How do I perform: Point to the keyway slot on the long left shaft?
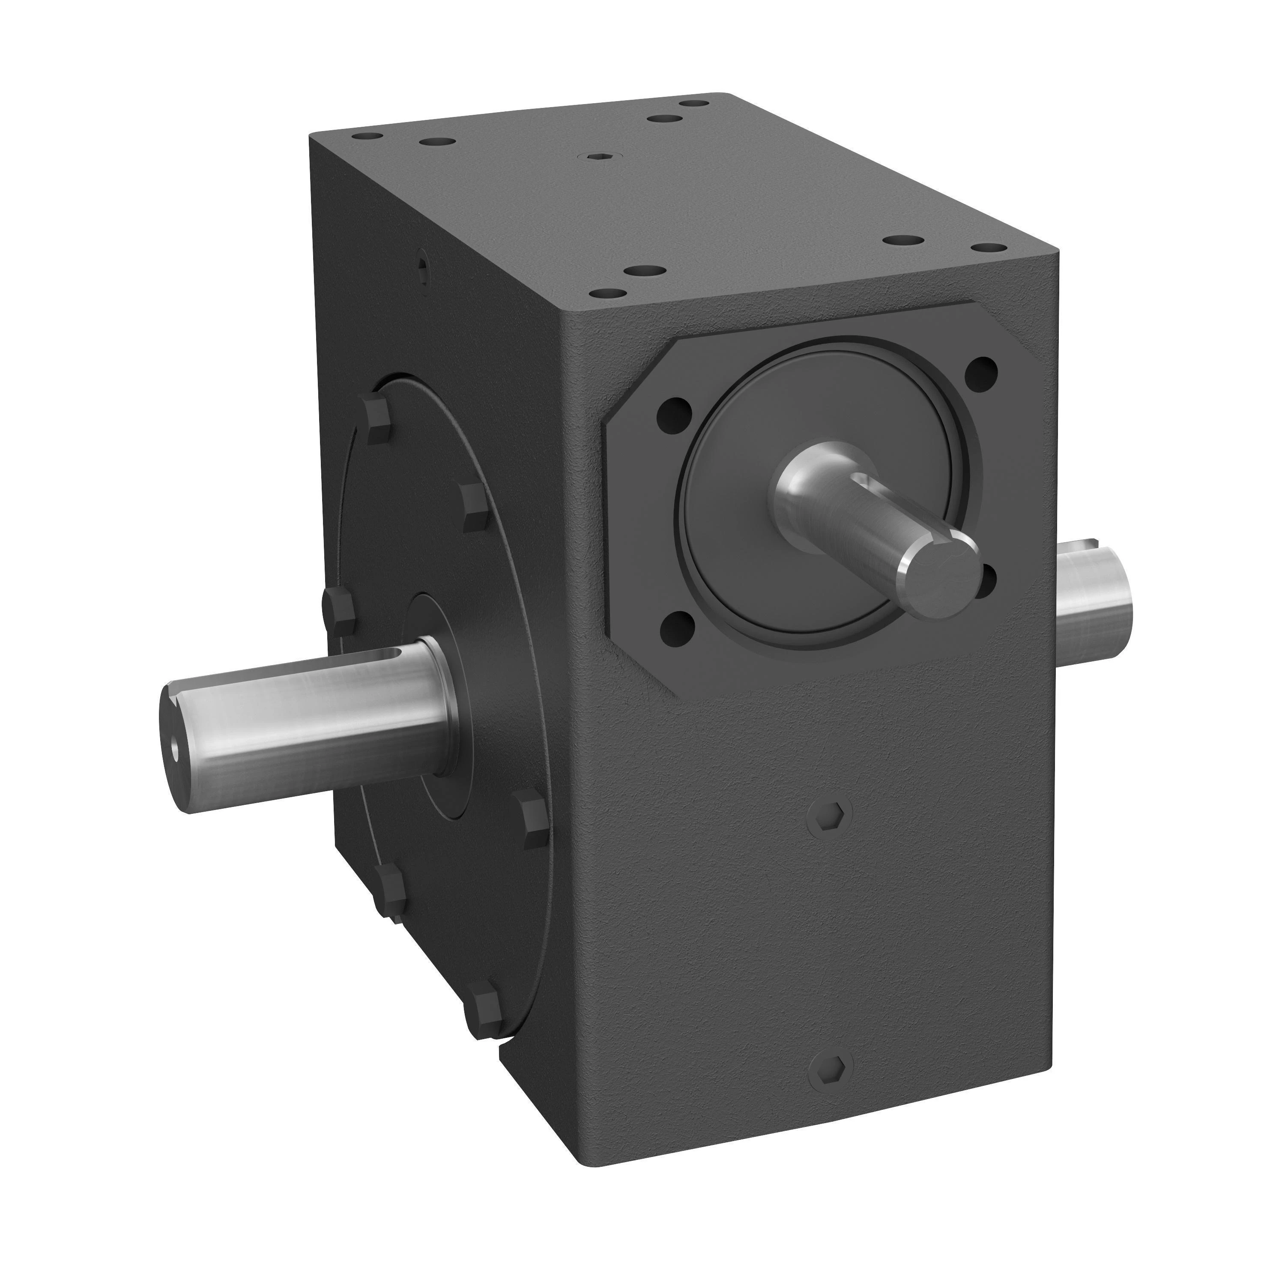[392, 657]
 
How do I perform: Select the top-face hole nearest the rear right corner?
[696, 105]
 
